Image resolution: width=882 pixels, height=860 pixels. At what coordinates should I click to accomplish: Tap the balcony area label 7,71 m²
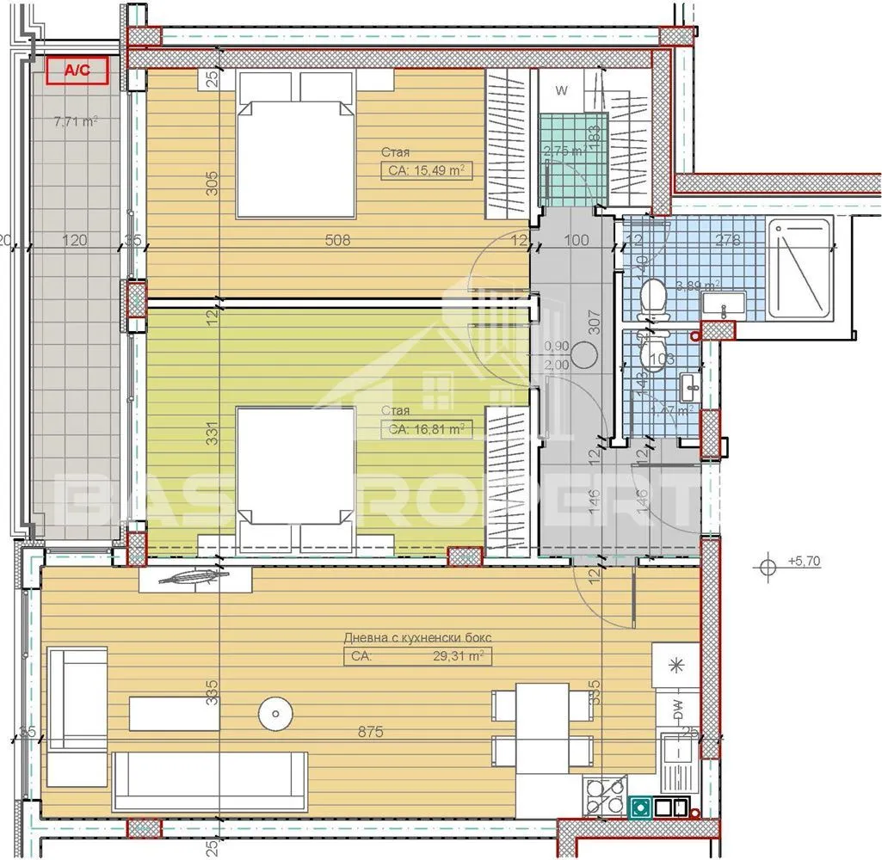click(x=75, y=121)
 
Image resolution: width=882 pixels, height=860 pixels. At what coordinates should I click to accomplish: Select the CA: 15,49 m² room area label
click(x=427, y=171)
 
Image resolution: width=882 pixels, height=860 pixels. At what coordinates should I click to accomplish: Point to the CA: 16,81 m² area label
click(x=427, y=427)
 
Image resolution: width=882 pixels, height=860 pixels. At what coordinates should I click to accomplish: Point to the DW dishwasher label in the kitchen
click(x=677, y=710)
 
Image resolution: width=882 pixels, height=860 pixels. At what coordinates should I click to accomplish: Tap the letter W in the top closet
click(x=561, y=89)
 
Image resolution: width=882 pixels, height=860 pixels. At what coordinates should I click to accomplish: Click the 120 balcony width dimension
click(x=76, y=241)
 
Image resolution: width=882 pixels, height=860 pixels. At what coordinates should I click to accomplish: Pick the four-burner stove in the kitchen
click(x=604, y=795)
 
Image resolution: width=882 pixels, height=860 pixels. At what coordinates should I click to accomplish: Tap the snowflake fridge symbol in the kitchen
click(x=675, y=665)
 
